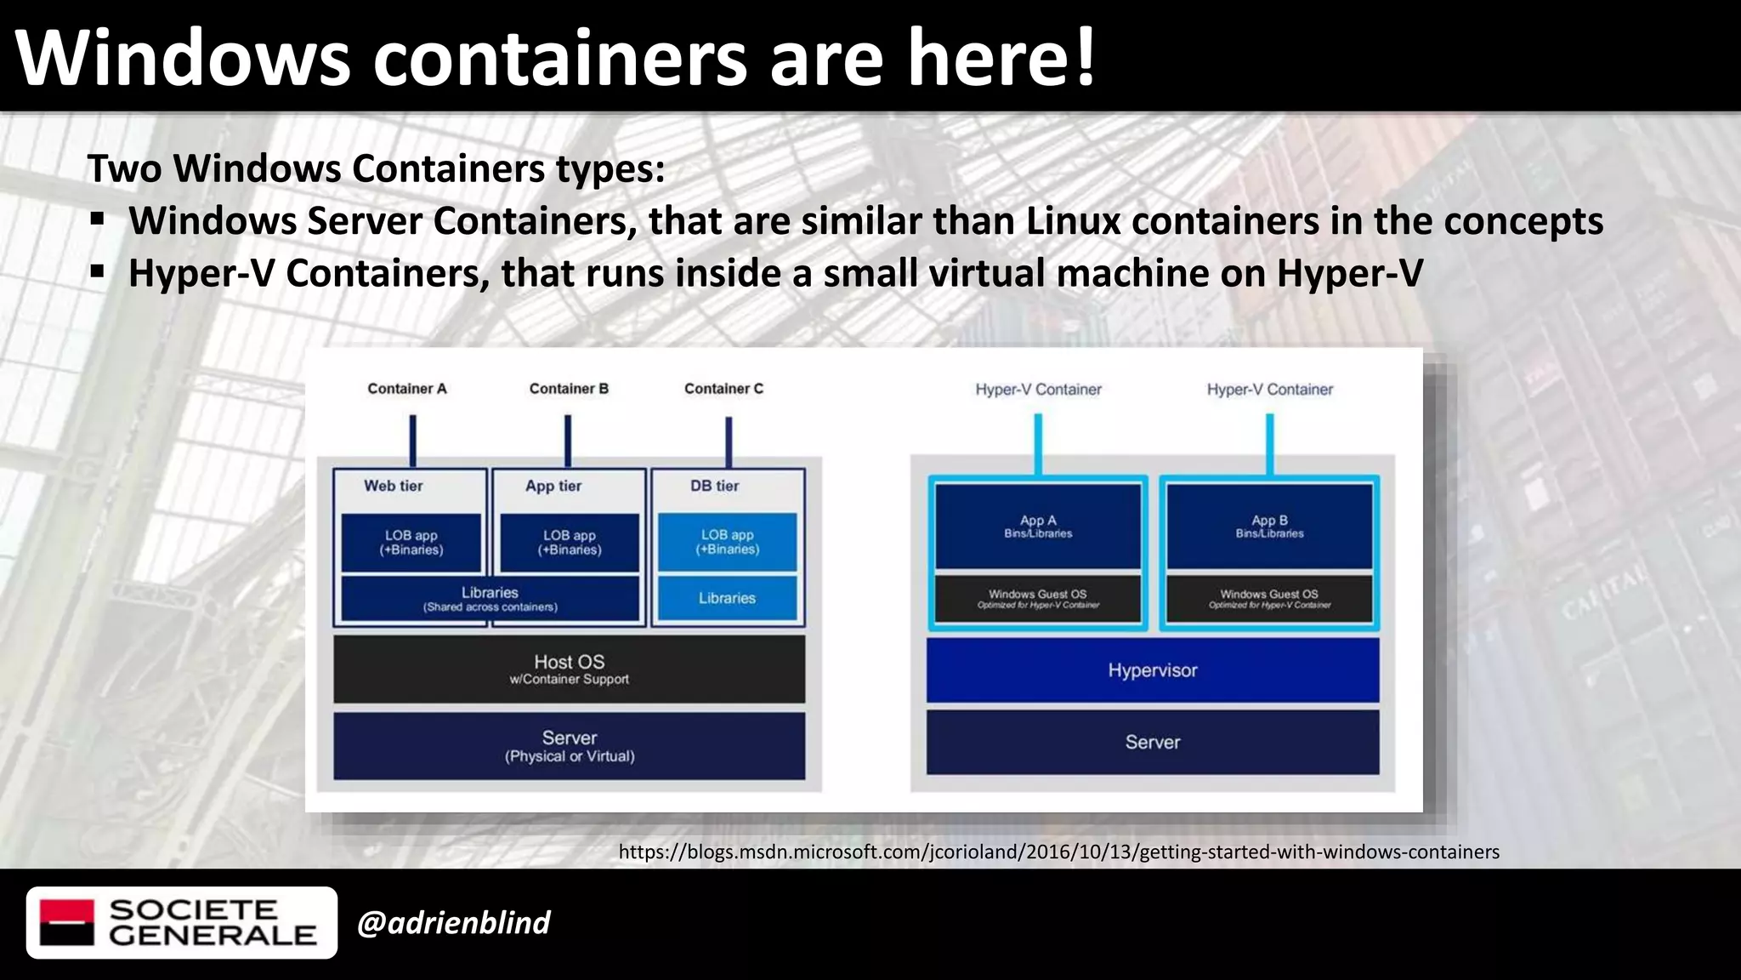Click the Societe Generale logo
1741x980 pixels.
point(181,922)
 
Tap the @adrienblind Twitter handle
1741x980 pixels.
point(454,922)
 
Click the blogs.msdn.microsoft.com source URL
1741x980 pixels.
point(1058,852)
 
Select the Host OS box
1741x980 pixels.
point(569,669)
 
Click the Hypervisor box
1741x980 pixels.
point(1152,670)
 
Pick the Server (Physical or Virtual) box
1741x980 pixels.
point(569,745)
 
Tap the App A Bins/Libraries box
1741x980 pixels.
point(1038,526)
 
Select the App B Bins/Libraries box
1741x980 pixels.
point(1269,526)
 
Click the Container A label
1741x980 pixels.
point(406,389)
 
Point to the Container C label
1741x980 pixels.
point(723,389)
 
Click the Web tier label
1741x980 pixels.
point(393,486)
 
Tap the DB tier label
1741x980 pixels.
point(714,486)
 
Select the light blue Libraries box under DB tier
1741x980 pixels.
point(727,598)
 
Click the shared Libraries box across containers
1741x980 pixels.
point(490,598)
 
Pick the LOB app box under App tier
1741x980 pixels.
point(569,542)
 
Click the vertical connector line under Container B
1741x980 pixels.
point(568,441)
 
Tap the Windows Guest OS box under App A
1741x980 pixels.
point(1038,598)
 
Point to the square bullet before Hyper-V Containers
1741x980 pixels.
point(98,272)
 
